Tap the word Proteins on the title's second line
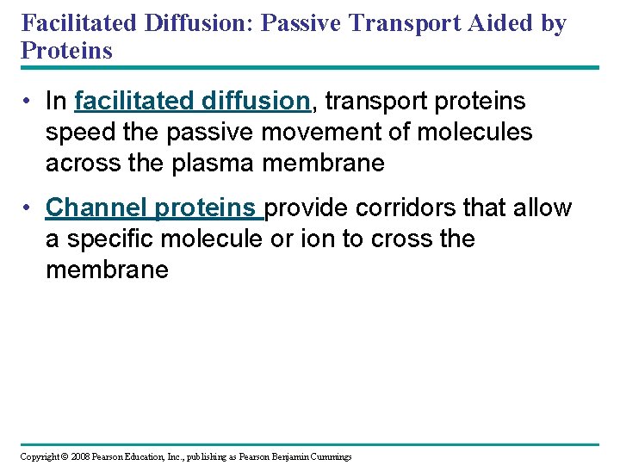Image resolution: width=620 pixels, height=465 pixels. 66,51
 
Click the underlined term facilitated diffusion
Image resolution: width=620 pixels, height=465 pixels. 192,102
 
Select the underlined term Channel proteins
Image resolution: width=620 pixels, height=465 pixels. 154,208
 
